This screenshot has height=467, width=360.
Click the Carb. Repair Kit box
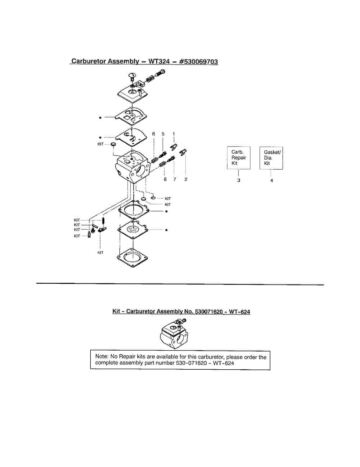click(x=239, y=158)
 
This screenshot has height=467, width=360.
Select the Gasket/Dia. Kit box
click(x=271, y=158)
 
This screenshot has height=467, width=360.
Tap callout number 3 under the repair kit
click(x=239, y=181)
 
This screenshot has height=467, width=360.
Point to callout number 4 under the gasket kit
click(x=271, y=181)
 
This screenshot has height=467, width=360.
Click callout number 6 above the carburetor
click(x=154, y=134)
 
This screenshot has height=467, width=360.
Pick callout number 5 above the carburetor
click(x=163, y=134)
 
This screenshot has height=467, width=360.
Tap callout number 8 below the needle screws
click(x=165, y=179)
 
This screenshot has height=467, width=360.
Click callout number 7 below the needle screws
click(x=174, y=179)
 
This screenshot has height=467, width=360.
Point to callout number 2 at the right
click(x=186, y=179)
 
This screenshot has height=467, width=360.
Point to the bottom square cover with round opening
click(x=134, y=257)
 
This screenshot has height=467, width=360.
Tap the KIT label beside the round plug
click(x=100, y=144)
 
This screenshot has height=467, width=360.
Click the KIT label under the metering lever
click(x=100, y=253)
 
